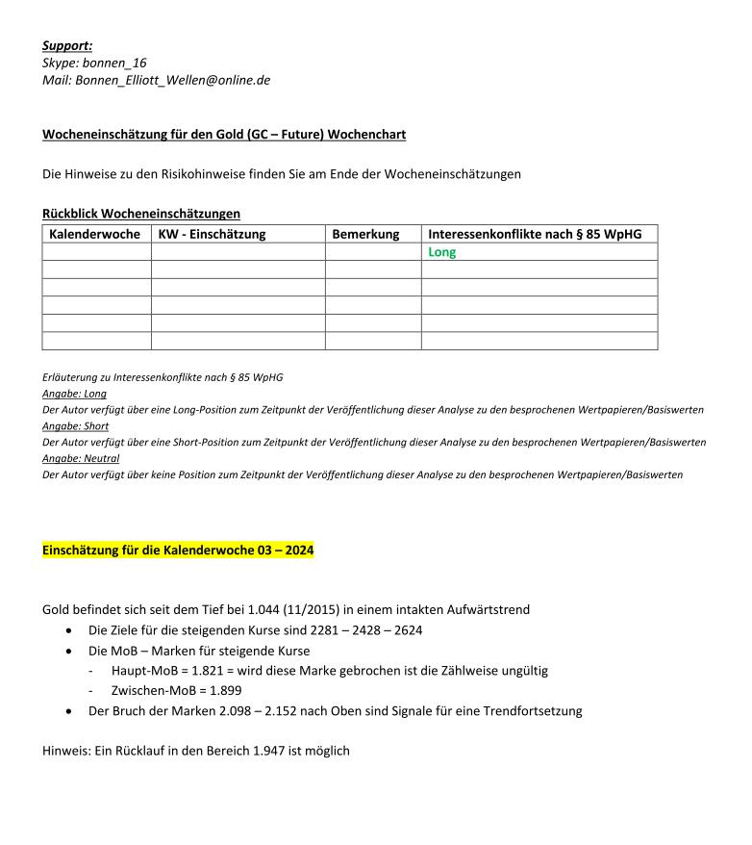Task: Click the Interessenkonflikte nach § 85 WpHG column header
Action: (x=535, y=234)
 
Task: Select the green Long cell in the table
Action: (x=442, y=252)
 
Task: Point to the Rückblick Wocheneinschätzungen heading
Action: (x=140, y=213)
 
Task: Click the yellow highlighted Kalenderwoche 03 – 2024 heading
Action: (x=178, y=551)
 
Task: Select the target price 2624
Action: (x=405, y=631)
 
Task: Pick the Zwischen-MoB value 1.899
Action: (x=218, y=690)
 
